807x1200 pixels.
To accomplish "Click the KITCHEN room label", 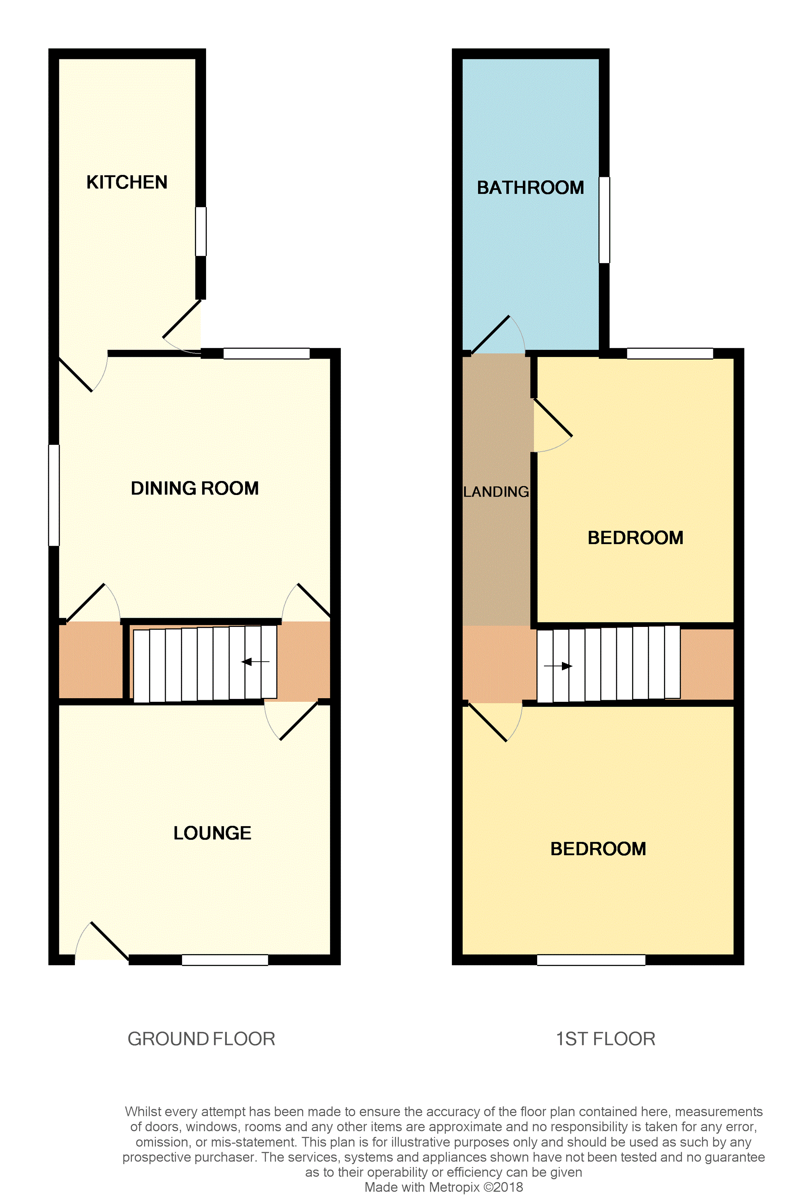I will tap(127, 182).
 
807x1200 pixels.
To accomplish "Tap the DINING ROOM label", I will tap(194, 488).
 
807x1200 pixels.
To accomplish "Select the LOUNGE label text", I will tap(212, 833).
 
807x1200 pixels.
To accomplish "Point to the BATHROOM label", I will tap(530, 188).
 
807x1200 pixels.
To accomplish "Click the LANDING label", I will tap(496, 492).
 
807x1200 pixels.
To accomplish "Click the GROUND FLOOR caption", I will tap(201, 1039).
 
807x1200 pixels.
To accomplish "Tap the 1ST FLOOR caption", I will tap(605, 1039).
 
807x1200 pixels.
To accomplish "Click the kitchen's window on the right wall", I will tap(201, 232).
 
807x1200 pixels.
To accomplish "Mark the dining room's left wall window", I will tap(53, 495).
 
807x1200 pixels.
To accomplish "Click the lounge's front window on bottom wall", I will tap(225, 959).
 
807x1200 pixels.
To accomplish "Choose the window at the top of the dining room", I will tap(266, 354).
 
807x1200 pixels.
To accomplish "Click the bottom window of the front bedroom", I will tap(591, 959).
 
